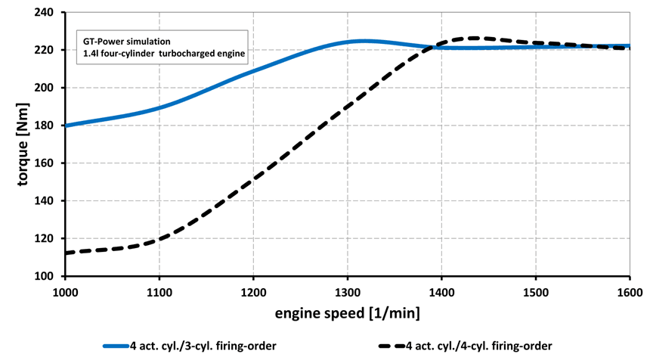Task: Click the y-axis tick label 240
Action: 48,12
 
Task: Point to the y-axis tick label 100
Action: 48,276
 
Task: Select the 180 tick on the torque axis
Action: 48,126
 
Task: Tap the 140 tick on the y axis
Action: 48,201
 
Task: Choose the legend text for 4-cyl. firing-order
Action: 479,346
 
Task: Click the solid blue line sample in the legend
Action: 125,346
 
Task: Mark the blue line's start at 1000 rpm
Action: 67,126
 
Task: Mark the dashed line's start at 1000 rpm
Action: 67,253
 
